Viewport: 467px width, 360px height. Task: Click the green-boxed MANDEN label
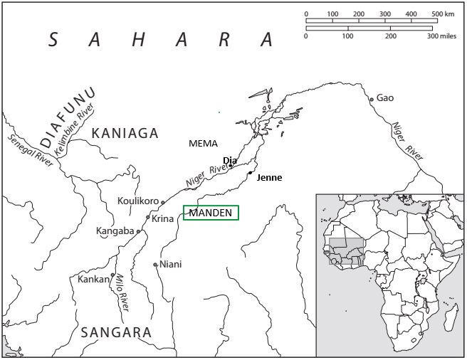click(x=211, y=212)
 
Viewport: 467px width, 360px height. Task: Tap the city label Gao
click(x=384, y=97)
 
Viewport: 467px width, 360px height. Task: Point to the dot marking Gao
click(x=371, y=99)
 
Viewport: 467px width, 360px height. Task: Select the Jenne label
click(x=269, y=178)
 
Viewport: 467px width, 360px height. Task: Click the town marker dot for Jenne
click(x=250, y=173)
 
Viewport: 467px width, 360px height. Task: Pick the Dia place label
click(x=229, y=160)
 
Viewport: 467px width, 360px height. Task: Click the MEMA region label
click(x=203, y=143)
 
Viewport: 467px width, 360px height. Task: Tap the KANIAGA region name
click(x=124, y=132)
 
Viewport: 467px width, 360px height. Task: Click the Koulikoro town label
click(x=138, y=201)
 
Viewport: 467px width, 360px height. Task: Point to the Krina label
click(x=163, y=218)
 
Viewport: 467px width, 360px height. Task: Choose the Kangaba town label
click(x=115, y=231)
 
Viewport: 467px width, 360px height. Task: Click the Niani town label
click(x=171, y=264)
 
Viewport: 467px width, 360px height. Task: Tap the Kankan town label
click(x=93, y=279)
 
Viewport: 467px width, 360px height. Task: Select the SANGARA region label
click(x=116, y=332)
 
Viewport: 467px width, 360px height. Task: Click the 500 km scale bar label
click(x=444, y=14)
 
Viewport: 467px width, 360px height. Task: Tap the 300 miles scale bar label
click(x=441, y=35)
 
